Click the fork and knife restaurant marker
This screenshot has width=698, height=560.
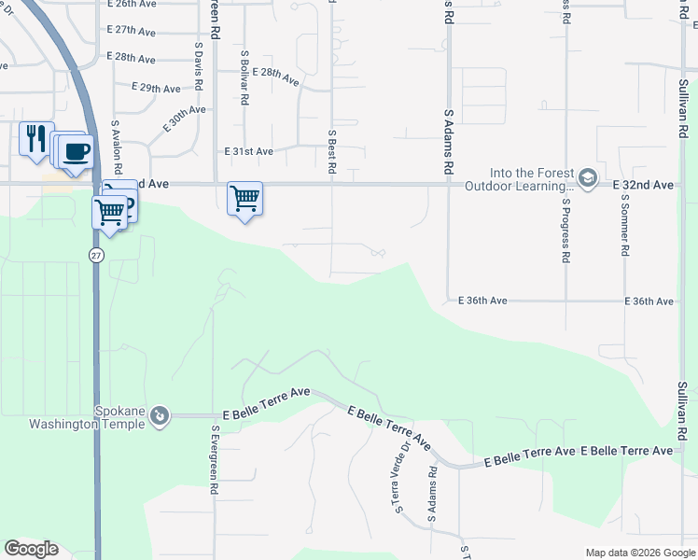point(36,139)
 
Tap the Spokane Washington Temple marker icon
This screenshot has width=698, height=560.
point(160,414)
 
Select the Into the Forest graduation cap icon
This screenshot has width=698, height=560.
point(587,177)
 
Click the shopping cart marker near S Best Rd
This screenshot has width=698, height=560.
point(244,198)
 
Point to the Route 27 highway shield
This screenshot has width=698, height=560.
point(96,255)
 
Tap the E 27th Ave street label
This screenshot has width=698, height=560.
point(131,31)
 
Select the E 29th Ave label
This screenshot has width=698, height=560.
point(156,88)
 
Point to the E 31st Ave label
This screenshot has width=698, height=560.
point(248,151)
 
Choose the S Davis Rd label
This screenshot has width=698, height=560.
point(199,65)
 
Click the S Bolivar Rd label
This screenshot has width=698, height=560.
point(244,77)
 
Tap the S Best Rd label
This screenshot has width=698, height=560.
point(331,152)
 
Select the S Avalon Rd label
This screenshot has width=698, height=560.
point(117,147)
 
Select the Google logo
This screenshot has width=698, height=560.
point(31,549)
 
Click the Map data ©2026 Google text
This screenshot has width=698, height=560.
point(639,553)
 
